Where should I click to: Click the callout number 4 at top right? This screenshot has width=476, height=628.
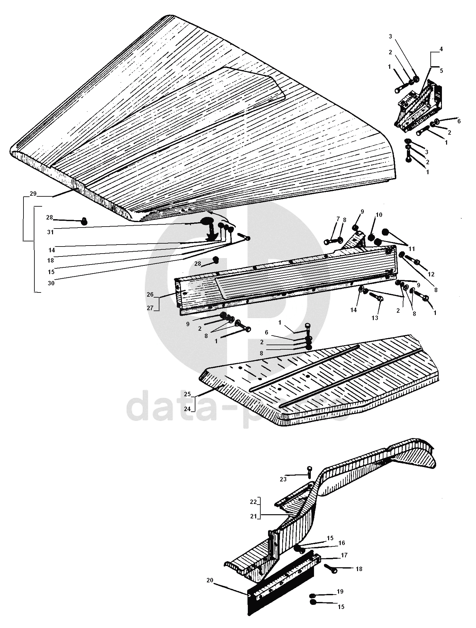point(441,49)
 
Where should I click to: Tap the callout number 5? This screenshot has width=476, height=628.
point(441,71)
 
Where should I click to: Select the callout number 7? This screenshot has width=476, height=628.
point(338,219)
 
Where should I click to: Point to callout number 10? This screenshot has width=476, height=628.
point(379,215)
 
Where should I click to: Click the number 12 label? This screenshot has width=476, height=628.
point(431,274)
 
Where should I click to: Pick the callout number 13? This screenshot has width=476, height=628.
point(375,318)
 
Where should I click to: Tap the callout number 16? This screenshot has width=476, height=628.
point(342,543)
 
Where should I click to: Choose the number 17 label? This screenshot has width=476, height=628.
point(344,555)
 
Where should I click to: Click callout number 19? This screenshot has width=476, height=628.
point(340,591)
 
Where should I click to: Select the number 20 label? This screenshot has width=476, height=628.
point(210,580)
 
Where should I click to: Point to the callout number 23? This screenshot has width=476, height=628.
point(283,479)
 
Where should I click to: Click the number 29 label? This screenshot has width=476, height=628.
point(33,193)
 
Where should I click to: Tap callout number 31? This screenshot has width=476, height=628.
point(50,232)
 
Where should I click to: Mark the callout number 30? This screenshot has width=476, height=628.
point(51,283)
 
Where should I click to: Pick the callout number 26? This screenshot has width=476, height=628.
point(150,294)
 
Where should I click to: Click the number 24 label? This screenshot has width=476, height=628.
point(187,409)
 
